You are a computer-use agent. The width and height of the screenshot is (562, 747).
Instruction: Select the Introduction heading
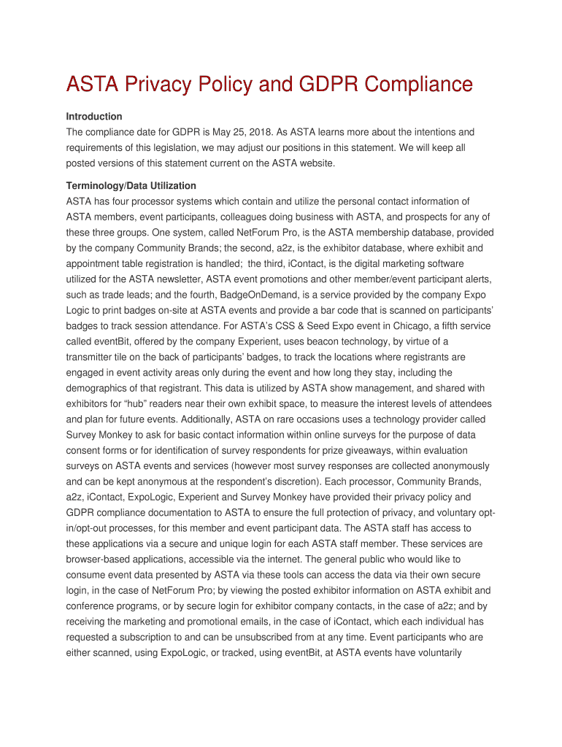coord(94,117)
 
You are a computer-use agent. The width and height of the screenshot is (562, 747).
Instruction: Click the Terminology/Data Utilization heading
coord(131,186)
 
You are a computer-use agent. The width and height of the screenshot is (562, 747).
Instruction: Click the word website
coord(312,163)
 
